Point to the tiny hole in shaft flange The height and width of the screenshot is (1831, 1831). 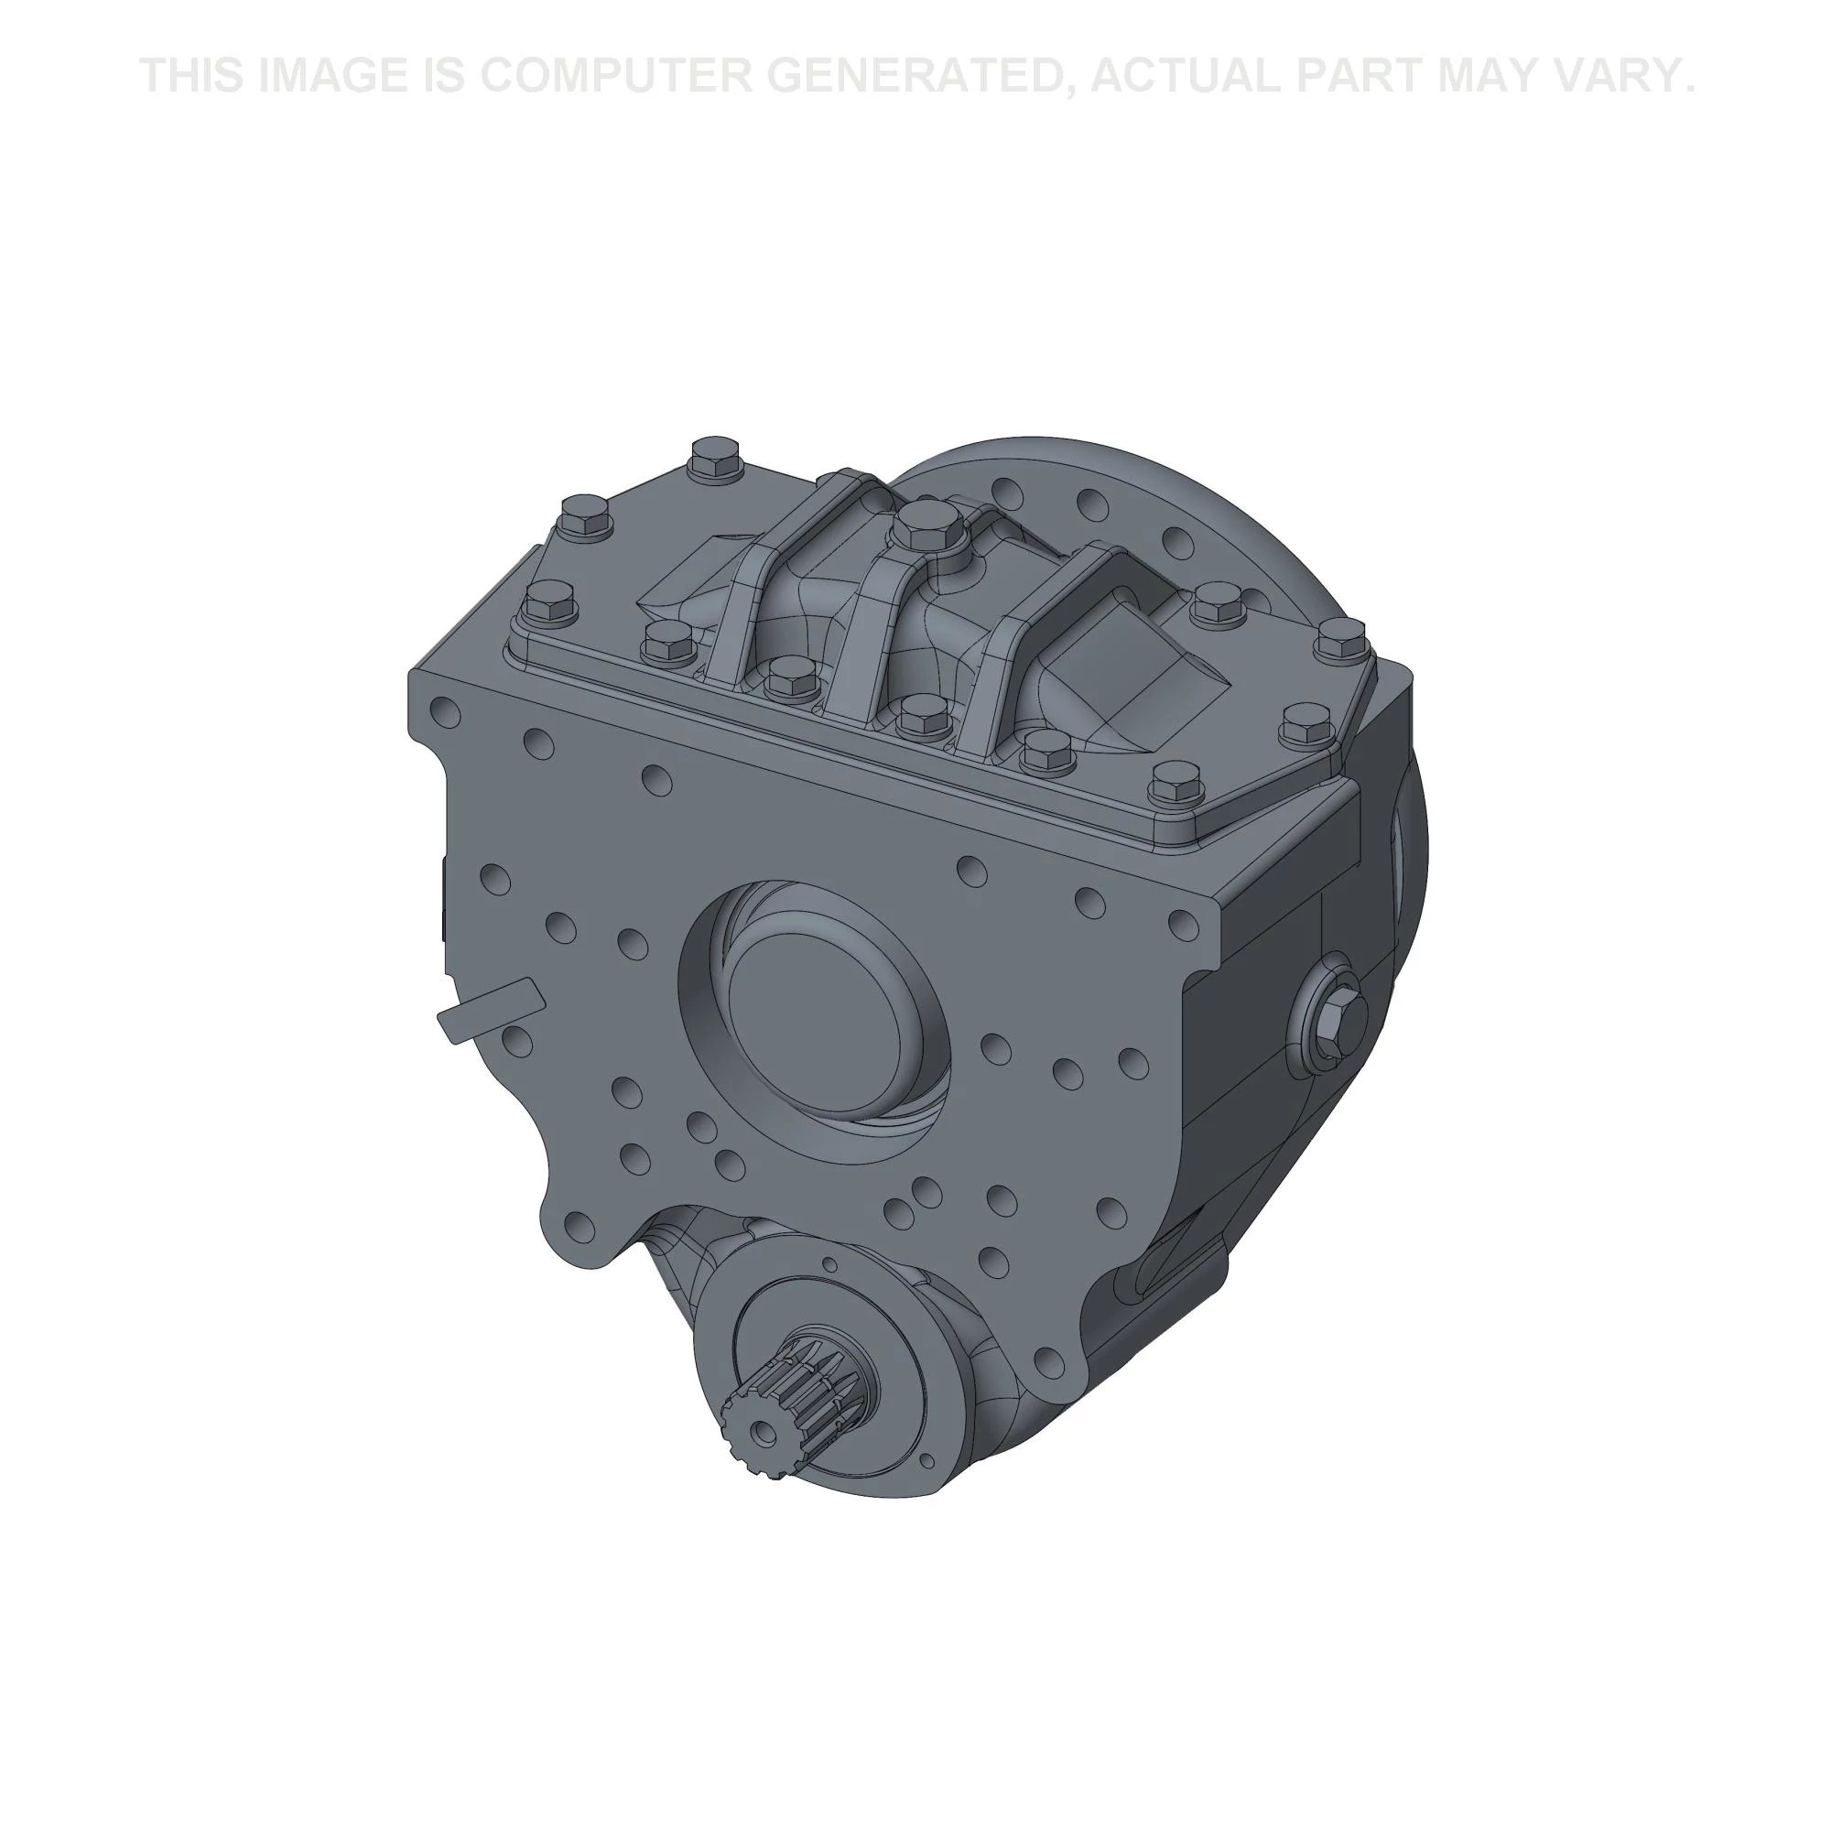829,1265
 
